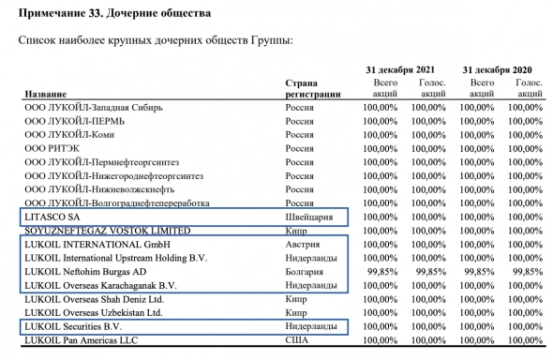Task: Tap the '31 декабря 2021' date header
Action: (x=399, y=70)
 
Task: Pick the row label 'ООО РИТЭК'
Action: (x=52, y=148)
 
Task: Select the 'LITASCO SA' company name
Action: (x=52, y=217)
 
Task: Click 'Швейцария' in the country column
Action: (x=310, y=217)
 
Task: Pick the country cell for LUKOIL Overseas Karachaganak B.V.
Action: (x=312, y=284)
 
